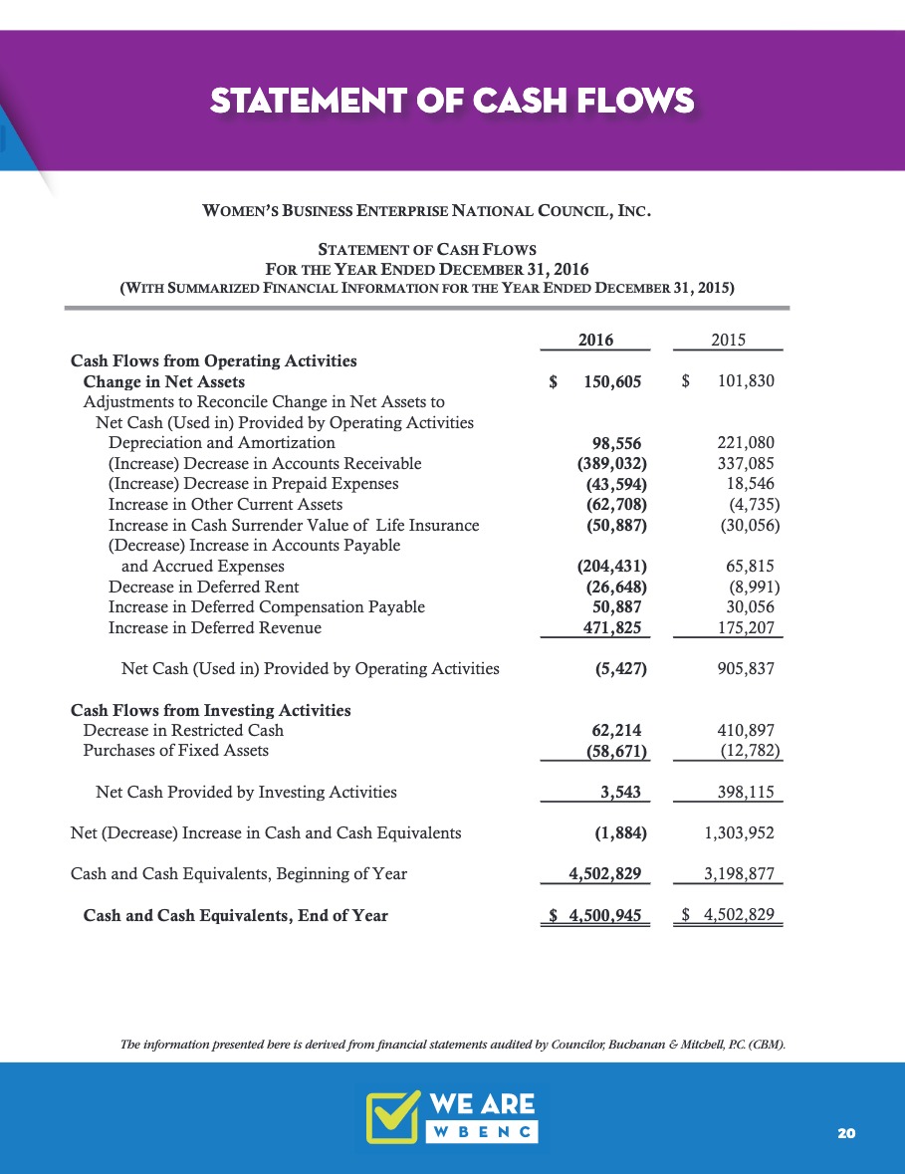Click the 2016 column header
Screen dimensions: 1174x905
(x=595, y=340)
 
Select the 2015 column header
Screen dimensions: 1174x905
(x=730, y=340)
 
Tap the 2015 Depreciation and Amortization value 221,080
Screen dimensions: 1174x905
(x=746, y=442)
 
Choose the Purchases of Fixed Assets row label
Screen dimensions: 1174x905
(x=175, y=750)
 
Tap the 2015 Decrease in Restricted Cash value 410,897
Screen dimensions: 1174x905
(x=746, y=730)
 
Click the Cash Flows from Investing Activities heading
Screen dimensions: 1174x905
(x=210, y=710)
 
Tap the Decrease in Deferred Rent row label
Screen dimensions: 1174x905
(x=203, y=587)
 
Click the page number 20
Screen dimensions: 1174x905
(x=847, y=1133)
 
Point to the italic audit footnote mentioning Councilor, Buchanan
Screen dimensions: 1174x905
(x=452, y=1045)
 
